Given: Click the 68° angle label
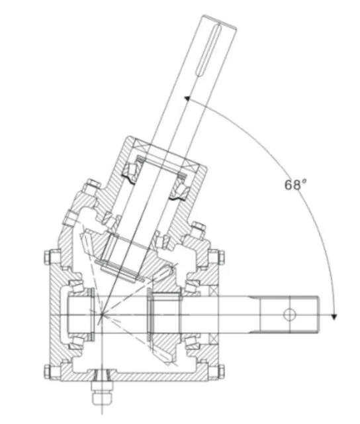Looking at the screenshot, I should (296, 185).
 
